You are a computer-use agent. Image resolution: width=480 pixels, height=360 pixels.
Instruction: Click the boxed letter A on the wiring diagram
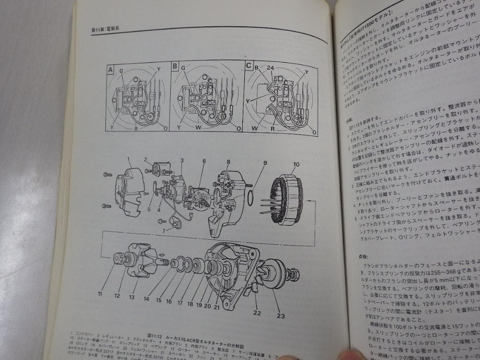tap(110, 70)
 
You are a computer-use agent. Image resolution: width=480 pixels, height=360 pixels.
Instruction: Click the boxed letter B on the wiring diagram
tap(175, 67)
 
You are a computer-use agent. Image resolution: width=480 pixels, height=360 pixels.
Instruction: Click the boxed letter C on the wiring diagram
tap(248, 65)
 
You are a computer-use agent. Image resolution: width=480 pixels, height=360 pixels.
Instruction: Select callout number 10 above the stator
tap(296, 165)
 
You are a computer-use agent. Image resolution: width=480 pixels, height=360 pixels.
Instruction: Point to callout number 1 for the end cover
tap(128, 159)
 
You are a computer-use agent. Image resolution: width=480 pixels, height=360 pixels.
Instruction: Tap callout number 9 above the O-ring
tap(264, 163)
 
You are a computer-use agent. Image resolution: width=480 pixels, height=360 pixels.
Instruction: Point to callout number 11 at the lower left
tap(100, 294)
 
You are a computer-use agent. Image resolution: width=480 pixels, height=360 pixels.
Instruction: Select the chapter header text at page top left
tap(105, 30)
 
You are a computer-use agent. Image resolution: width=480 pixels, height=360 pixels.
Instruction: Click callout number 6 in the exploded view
tap(204, 161)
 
